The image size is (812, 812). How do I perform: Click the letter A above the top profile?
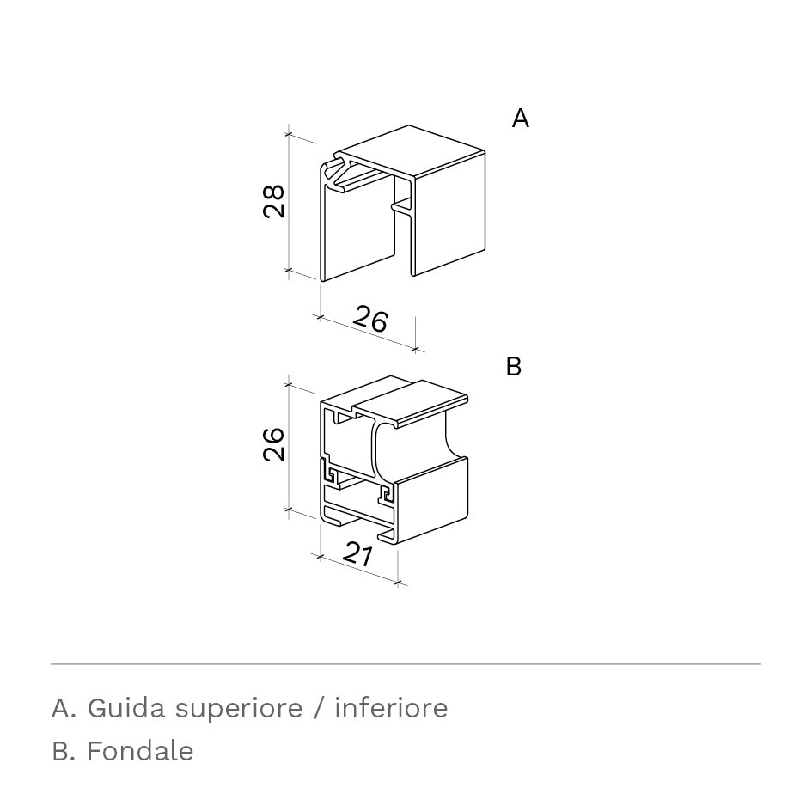tap(521, 118)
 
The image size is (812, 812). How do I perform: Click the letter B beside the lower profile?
tap(513, 366)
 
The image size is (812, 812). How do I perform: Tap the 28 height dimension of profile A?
tap(274, 201)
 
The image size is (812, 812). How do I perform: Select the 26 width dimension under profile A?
tap(370, 319)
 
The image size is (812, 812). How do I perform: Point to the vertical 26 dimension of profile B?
tap(274, 443)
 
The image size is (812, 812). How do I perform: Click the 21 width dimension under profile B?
tap(357, 554)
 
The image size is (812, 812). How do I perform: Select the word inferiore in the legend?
tap(391, 707)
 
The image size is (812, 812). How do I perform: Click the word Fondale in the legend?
tap(140, 751)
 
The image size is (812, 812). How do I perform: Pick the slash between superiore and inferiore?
tap(319, 708)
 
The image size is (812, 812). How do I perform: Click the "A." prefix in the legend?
tap(64, 708)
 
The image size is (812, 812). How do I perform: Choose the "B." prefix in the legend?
tap(64, 751)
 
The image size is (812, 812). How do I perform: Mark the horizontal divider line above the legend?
tap(406, 664)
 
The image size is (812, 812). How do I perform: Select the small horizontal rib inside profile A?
tap(402, 206)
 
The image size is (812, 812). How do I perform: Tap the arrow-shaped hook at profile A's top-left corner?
tap(335, 174)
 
